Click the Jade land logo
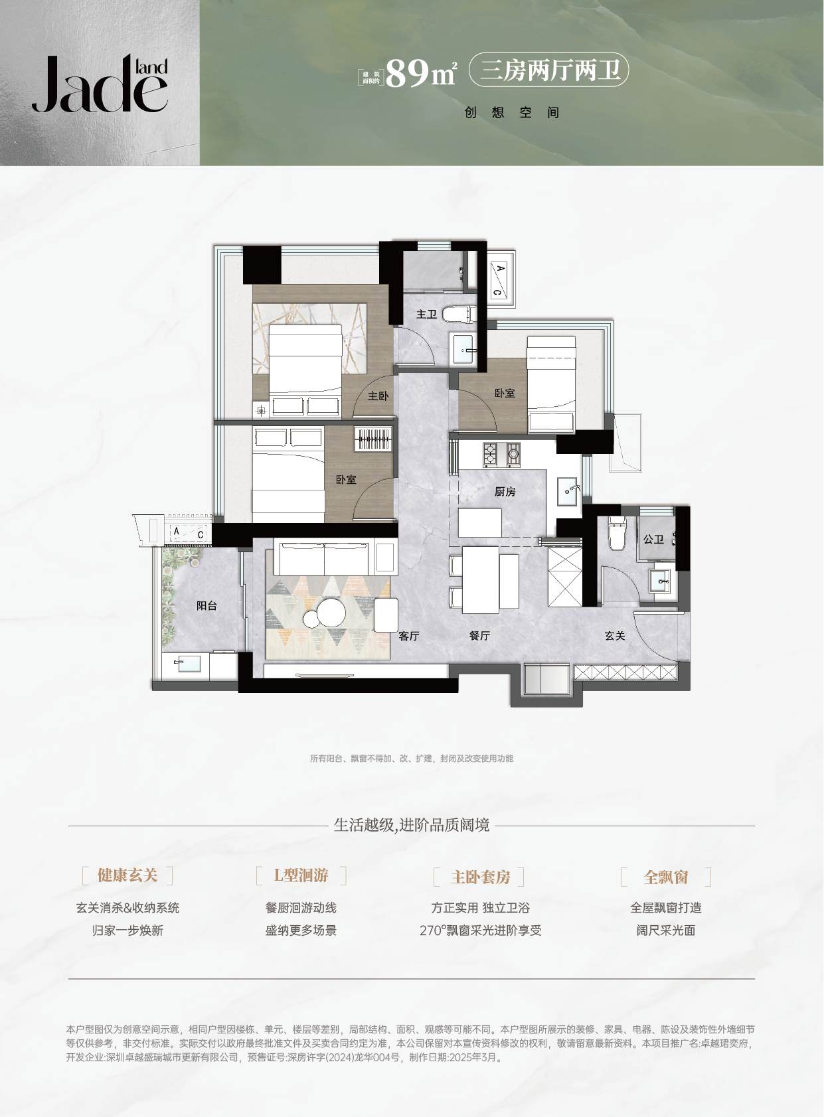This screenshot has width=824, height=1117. click(100, 84)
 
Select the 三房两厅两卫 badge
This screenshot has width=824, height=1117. click(548, 70)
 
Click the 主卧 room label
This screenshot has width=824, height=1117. click(378, 396)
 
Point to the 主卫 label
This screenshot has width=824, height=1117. click(426, 314)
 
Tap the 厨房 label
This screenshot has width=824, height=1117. click(505, 492)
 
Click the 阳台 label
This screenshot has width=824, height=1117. click(206, 606)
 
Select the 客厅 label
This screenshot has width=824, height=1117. click(409, 636)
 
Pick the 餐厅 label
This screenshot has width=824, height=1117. click(479, 636)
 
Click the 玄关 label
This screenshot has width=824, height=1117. click(614, 636)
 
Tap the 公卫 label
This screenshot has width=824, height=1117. click(653, 539)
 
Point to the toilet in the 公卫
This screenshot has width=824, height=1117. click(617, 532)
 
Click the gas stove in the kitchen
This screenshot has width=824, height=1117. click(501, 454)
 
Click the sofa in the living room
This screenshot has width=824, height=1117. click(324, 558)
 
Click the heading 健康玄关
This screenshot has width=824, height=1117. click(127, 875)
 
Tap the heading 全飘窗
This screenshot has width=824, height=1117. click(666, 877)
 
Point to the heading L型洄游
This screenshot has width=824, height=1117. click(301, 875)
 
